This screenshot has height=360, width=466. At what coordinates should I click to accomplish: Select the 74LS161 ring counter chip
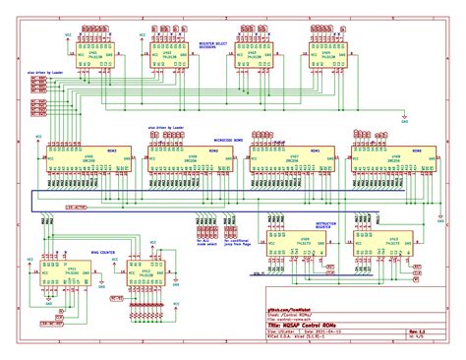pyautogui.click(x=66, y=269)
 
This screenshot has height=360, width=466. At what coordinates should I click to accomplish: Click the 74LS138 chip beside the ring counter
pyautogui.click(x=146, y=269)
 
